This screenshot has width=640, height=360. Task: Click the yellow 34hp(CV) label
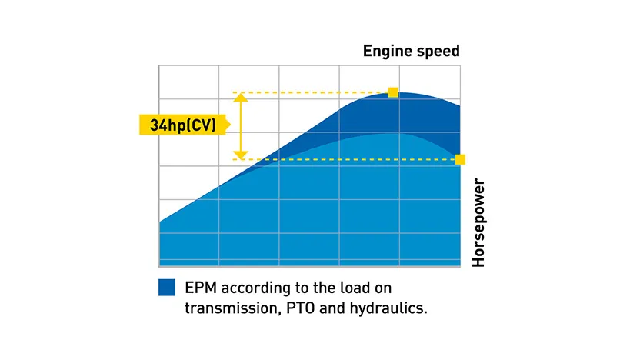pos(183,125)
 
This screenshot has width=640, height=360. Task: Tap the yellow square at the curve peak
pos(393,92)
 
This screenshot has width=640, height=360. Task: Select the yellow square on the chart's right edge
pos(460,159)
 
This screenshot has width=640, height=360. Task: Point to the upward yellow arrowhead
pos(241,98)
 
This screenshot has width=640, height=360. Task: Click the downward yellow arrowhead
pos(241,155)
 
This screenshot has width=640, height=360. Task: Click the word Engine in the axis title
pos(386,52)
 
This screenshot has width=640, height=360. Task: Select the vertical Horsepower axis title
pos(478,223)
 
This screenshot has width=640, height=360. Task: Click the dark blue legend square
pos(167,288)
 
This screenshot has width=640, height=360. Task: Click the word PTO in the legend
pos(301,308)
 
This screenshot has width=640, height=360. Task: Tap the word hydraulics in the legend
pos(388,308)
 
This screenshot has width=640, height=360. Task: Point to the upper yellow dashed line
pos(311,92)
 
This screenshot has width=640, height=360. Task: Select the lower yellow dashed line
pos(344,159)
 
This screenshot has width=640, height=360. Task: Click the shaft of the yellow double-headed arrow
pos(241,126)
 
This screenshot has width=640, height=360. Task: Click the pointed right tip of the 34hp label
pos(230,125)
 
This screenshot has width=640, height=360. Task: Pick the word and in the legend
pos(332,308)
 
